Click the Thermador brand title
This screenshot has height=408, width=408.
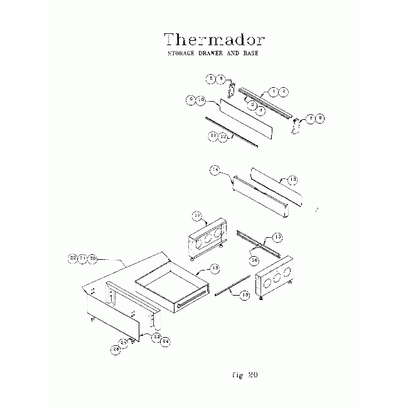214,40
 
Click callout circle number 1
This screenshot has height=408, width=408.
274,92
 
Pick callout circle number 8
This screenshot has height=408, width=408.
321,117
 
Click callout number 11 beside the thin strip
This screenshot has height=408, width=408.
213,135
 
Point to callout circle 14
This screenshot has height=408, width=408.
215,169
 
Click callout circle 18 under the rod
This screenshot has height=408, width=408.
245,295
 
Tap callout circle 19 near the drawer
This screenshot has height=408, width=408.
215,268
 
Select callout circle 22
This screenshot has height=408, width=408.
73,258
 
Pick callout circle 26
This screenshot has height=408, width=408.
115,350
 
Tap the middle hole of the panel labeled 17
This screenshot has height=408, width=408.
208,237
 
